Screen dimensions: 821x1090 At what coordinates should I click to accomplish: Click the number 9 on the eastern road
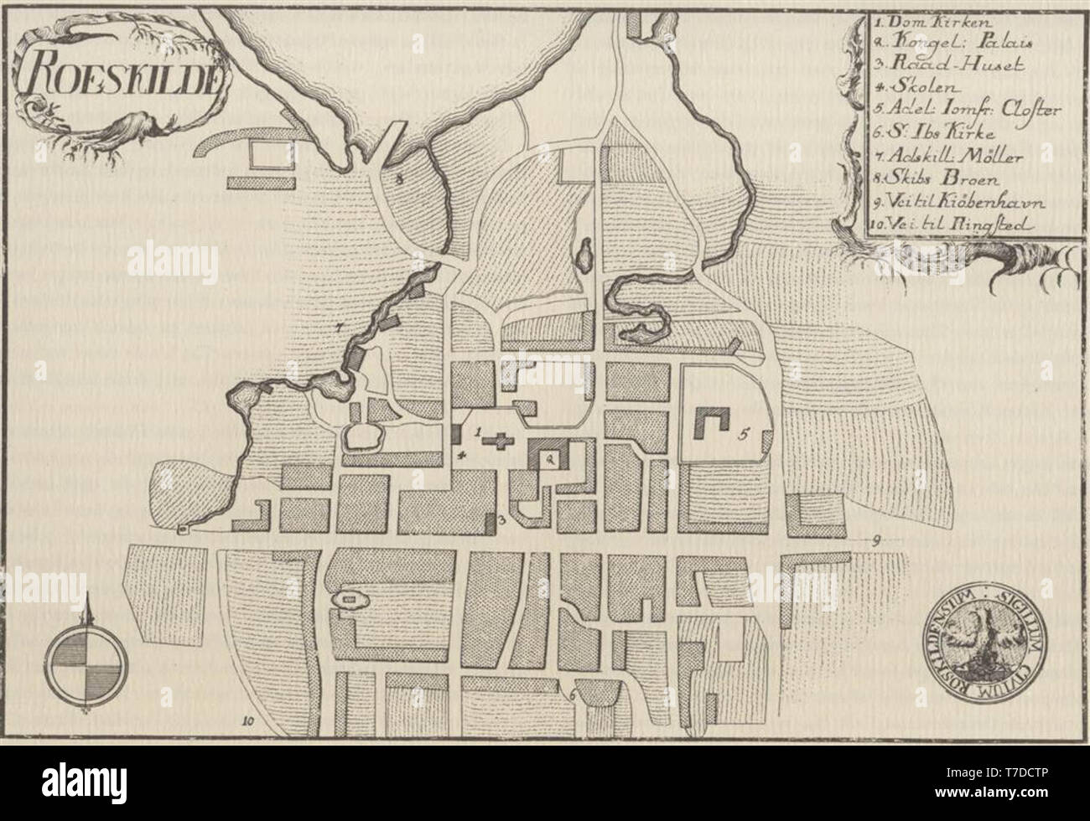[874, 540]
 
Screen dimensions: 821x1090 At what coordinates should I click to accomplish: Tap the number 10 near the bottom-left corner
[247, 720]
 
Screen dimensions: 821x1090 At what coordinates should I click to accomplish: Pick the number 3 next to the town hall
[501, 521]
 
